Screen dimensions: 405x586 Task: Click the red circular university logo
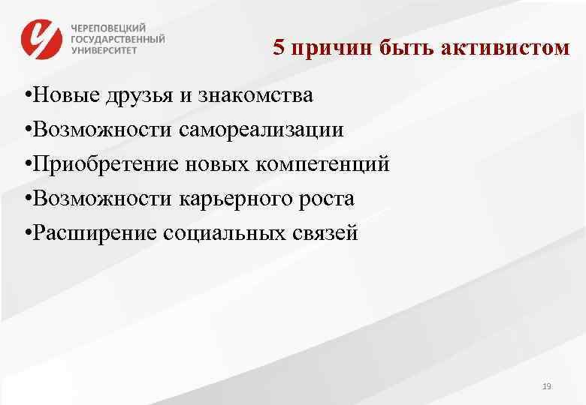pos(42,38)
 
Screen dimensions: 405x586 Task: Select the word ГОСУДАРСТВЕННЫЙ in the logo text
pos(118,38)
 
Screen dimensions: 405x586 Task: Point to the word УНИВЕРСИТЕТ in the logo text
pos(105,51)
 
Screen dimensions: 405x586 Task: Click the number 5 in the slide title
pos(279,49)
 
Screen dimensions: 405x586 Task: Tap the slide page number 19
pos(546,386)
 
